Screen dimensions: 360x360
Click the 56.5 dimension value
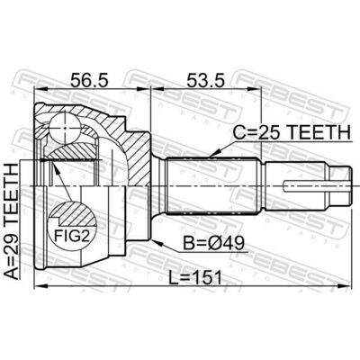88,80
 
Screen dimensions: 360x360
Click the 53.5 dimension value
205,80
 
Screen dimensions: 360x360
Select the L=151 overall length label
195,277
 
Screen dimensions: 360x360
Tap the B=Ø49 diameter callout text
214,243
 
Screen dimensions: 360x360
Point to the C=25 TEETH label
292,132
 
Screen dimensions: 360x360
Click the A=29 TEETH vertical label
13,222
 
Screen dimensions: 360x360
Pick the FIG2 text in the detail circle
72,237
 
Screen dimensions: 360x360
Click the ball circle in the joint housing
65,127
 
